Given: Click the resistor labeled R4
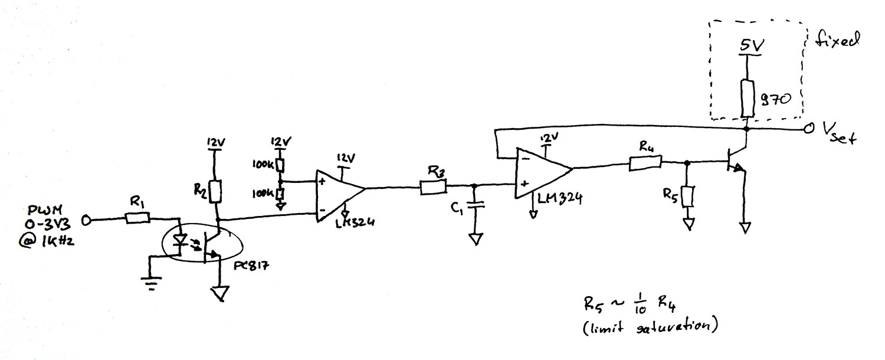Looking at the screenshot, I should [644, 163].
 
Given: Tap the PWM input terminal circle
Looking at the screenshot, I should [86, 220].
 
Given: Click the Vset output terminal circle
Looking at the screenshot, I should [809, 129].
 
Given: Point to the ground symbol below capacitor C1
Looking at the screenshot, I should [476, 239].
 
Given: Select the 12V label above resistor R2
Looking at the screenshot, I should [215, 142].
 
